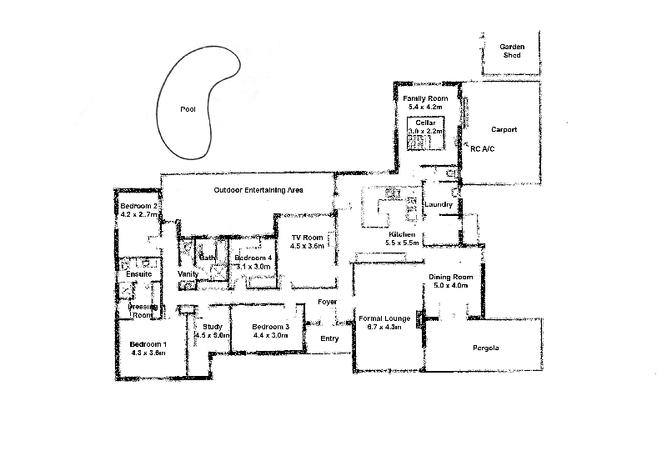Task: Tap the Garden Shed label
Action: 510,50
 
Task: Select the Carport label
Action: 504,129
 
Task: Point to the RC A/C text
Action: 483,148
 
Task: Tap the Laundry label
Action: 438,204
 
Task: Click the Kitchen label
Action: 401,235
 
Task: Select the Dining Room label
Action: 450,277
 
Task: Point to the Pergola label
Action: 484,348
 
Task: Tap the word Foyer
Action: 327,302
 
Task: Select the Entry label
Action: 330,338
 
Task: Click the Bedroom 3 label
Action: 270,326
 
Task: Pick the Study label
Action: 212,326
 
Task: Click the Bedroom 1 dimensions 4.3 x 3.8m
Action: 148,353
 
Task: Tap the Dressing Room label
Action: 142,311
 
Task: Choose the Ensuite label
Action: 138,273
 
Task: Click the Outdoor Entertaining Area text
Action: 258,190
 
